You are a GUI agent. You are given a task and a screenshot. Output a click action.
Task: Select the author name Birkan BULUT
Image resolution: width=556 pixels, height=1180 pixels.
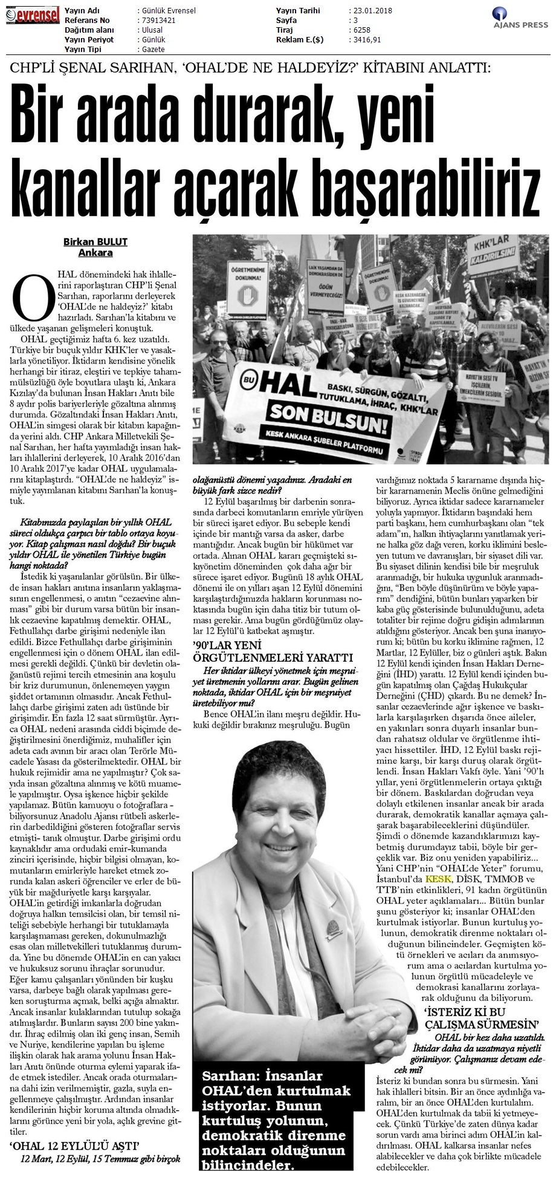pyautogui.click(x=95, y=242)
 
